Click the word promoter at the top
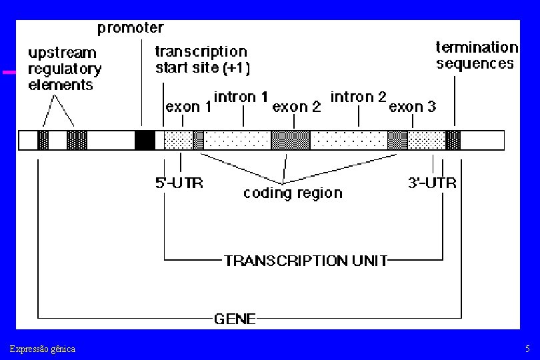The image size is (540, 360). (x=131, y=28)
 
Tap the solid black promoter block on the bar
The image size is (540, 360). (x=145, y=140)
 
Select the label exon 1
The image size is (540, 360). (x=189, y=107)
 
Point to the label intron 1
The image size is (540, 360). (x=241, y=97)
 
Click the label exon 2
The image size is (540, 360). (x=297, y=107)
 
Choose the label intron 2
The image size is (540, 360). (x=358, y=97)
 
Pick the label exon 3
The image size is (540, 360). (x=412, y=107)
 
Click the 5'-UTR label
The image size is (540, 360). (x=179, y=183)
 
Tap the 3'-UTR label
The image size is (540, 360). (x=432, y=183)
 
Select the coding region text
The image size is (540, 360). (x=293, y=193)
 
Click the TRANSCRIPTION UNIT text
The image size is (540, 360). (x=306, y=261)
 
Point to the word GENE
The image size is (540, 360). (x=235, y=319)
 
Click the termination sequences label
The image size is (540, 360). (x=477, y=55)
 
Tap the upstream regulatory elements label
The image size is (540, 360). (x=65, y=69)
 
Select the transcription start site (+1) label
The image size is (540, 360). (x=203, y=59)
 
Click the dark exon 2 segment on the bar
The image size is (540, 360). (x=291, y=140)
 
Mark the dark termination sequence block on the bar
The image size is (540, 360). (x=453, y=140)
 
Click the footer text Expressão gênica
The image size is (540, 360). (x=43, y=349)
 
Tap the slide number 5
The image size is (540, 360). (x=527, y=349)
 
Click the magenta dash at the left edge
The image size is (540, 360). (x=9, y=72)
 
